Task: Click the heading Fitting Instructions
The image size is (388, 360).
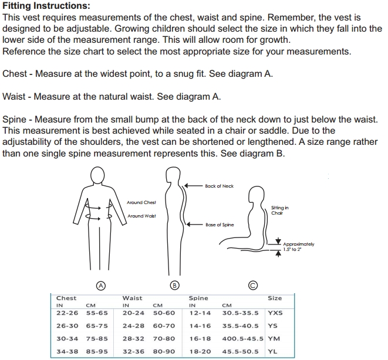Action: coord(46,6)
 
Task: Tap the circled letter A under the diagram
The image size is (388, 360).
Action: coord(101,286)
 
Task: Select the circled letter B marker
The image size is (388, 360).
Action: coord(174,286)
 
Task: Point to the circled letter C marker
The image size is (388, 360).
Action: coord(252,286)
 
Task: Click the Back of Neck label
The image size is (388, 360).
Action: coord(219,186)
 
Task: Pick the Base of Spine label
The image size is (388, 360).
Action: coord(220,225)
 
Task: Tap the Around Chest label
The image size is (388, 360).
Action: coord(141,203)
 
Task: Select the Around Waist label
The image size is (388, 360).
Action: coord(142,216)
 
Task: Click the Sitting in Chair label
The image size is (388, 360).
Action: coord(279,210)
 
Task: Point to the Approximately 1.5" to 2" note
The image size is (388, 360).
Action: coord(299,247)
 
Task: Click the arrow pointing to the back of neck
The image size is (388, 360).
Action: coord(194,185)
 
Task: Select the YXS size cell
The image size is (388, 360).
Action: coord(275,313)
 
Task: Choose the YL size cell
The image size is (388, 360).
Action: coord(272,351)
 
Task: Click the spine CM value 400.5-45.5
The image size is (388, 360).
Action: coord(243,338)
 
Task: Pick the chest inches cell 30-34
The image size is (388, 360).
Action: coord(67,338)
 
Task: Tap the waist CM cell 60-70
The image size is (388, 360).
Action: coord(164,326)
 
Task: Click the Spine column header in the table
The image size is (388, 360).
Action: coord(198,298)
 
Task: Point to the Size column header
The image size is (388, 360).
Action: coord(275,298)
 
